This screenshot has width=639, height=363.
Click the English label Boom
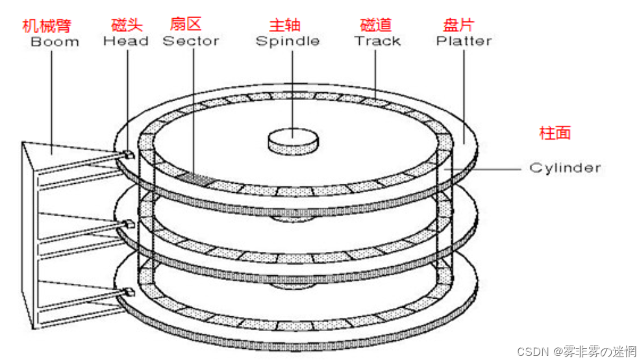tap(55, 42)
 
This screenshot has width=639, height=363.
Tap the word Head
tap(125, 42)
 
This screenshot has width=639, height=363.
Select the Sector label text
tap(190, 42)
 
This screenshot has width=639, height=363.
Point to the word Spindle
tap(287, 42)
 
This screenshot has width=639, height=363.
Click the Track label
tap(377, 42)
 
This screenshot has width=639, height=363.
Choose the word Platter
tap(463, 42)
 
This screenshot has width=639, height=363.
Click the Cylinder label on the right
tap(565, 168)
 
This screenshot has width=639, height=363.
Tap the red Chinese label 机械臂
tap(46, 26)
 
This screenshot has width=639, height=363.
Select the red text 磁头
tap(127, 26)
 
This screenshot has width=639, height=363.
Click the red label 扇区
tap(185, 25)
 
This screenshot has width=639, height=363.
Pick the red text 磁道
tap(376, 26)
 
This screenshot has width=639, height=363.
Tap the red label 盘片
tap(458, 26)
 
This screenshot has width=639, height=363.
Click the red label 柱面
tap(555, 133)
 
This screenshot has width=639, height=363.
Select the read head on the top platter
tap(127, 154)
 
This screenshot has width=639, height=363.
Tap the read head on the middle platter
tap(127, 224)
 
